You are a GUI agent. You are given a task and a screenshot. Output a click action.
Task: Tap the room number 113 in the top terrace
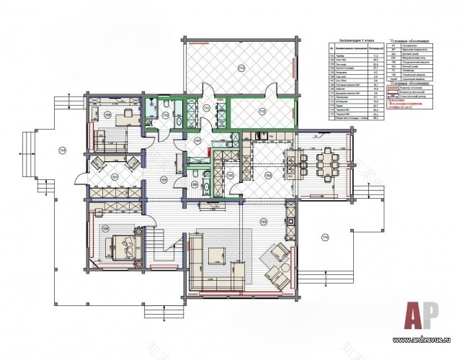click(x=241, y=68)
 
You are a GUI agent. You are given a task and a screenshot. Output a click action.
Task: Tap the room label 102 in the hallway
click(x=164, y=179)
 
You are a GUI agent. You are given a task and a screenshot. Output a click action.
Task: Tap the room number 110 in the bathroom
click(x=165, y=114)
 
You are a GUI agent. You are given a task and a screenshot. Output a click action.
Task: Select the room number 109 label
click(x=107, y=114)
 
